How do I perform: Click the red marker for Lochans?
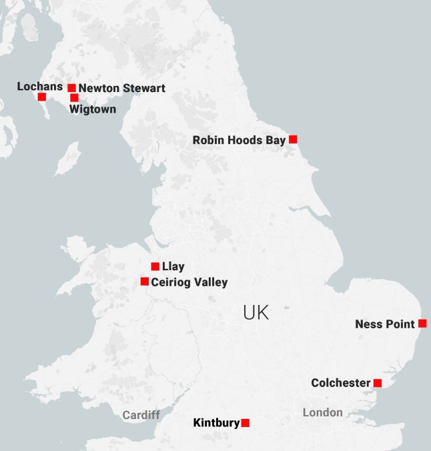[42, 97]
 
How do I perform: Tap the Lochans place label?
[39, 86]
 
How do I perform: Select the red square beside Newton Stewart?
[71, 87]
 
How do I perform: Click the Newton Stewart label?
[121, 88]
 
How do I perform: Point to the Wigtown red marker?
[74, 98]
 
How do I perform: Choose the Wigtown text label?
[93, 109]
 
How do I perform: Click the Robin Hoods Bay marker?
[292, 139]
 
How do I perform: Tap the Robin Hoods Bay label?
[239, 140]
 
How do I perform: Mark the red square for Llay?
[155, 266]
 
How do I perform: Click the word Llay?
[173, 267]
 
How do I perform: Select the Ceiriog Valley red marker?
[144, 282]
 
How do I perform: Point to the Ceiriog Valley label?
[189, 282]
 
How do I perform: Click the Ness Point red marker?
[422, 324]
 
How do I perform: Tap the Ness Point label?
[385, 324]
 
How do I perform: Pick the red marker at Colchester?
[377, 383]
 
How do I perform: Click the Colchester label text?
[340, 383]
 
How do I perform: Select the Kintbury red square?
[246, 422]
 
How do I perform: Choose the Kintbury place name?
[215, 422]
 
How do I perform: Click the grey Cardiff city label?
[141, 415]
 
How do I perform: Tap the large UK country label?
[256, 312]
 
